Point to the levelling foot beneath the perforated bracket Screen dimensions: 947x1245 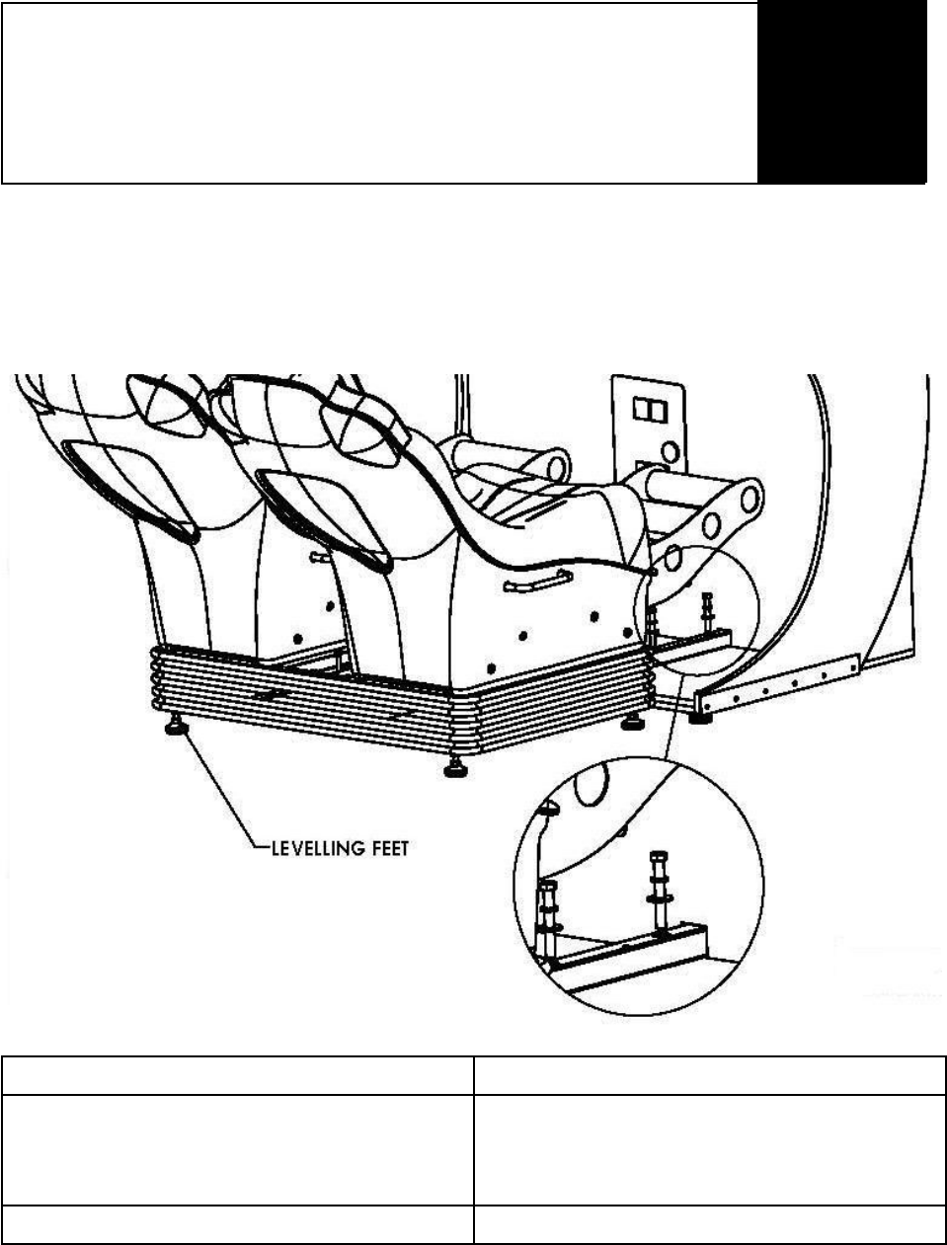tap(700, 718)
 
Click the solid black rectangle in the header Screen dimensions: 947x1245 tap(842, 92)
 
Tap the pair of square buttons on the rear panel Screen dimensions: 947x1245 tap(647, 408)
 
